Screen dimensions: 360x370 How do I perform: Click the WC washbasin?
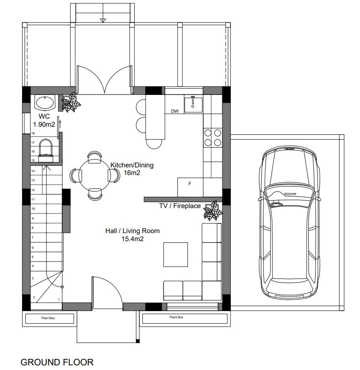tap(45, 103)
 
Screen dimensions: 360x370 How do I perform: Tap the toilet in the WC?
tap(45, 150)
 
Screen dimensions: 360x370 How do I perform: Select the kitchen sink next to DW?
tap(193, 104)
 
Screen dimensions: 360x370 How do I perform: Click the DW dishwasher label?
tap(175, 111)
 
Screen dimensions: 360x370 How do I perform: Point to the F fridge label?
tap(190, 184)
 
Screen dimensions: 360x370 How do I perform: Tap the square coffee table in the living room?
tap(176, 255)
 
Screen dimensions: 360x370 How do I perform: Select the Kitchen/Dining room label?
tap(132, 169)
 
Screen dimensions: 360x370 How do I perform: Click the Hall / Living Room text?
tap(133, 234)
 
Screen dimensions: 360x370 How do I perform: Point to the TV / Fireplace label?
tap(180, 206)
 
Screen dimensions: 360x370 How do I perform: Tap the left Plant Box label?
tap(48, 318)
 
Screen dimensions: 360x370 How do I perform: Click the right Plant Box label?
tap(176, 317)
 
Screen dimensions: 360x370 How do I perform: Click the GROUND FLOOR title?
tap(57, 362)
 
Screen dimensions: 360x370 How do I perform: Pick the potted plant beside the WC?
tap(71, 103)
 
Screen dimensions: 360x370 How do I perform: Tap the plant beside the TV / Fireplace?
tap(213, 211)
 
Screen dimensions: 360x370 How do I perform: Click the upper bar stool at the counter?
tap(141, 106)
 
